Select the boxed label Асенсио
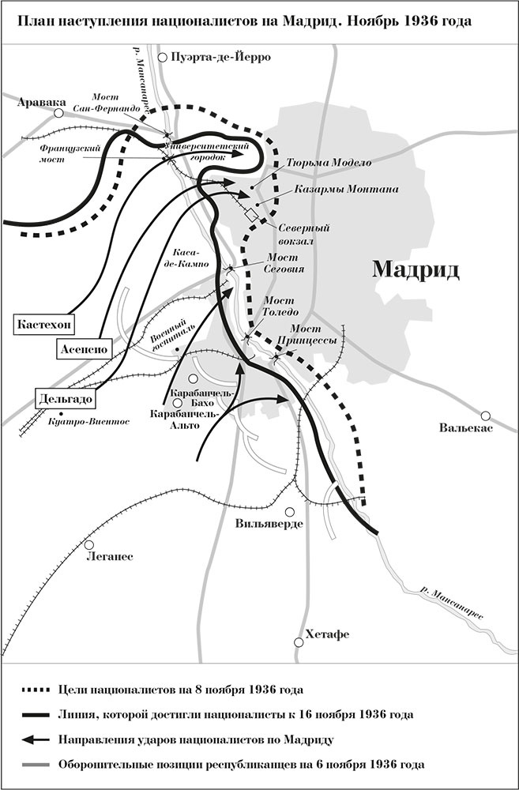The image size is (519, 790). [82, 348]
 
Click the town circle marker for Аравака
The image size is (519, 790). [58, 114]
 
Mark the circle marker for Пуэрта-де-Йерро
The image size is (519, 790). [164, 57]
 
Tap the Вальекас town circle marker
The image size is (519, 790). [487, 416]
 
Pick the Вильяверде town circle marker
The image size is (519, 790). [291, 511]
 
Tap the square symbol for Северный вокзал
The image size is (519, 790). [252, 215]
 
